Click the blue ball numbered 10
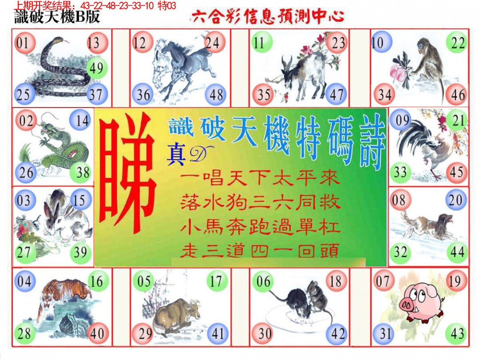(x=379, y=43)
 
